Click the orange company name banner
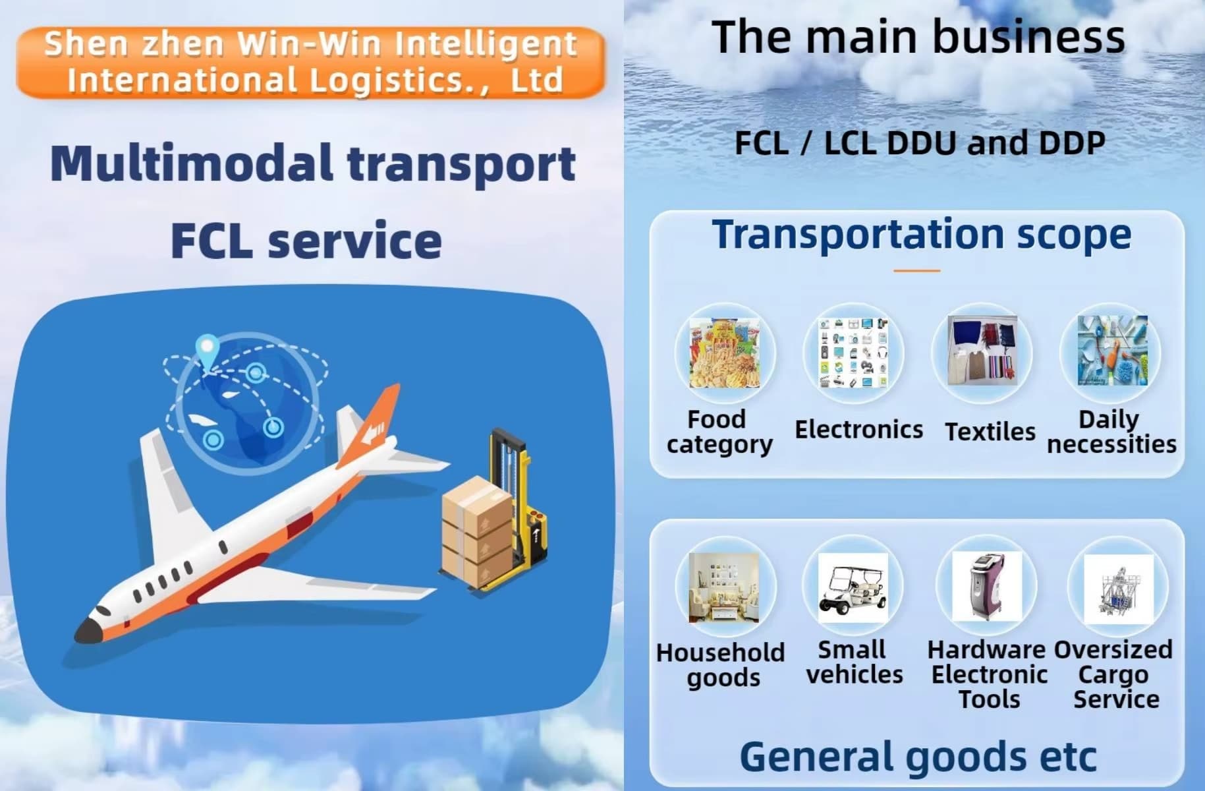310,62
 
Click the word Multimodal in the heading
191,163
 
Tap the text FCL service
306,241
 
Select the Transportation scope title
922,235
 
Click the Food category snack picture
725,353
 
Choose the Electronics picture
853,353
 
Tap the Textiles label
990,432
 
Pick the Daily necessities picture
1112,351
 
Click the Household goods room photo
724,587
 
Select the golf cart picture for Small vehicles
853,588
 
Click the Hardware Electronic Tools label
988,674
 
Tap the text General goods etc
918,756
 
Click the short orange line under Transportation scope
917,270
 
